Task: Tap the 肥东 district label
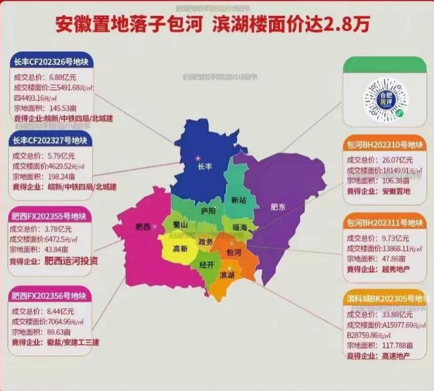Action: [278, 206]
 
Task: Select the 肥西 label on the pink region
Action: [143, 227]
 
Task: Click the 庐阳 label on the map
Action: [208, 210]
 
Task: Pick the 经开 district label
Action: [207, 264]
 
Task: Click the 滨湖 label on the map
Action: [228, 275]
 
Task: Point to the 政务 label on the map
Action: [205, 242]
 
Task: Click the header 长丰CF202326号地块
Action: [50, 63]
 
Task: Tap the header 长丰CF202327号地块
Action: [50, 140]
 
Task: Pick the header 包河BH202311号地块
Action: [384, 223]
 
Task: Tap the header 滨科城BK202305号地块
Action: [384, 299]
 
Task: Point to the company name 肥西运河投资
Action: [71, 261]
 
